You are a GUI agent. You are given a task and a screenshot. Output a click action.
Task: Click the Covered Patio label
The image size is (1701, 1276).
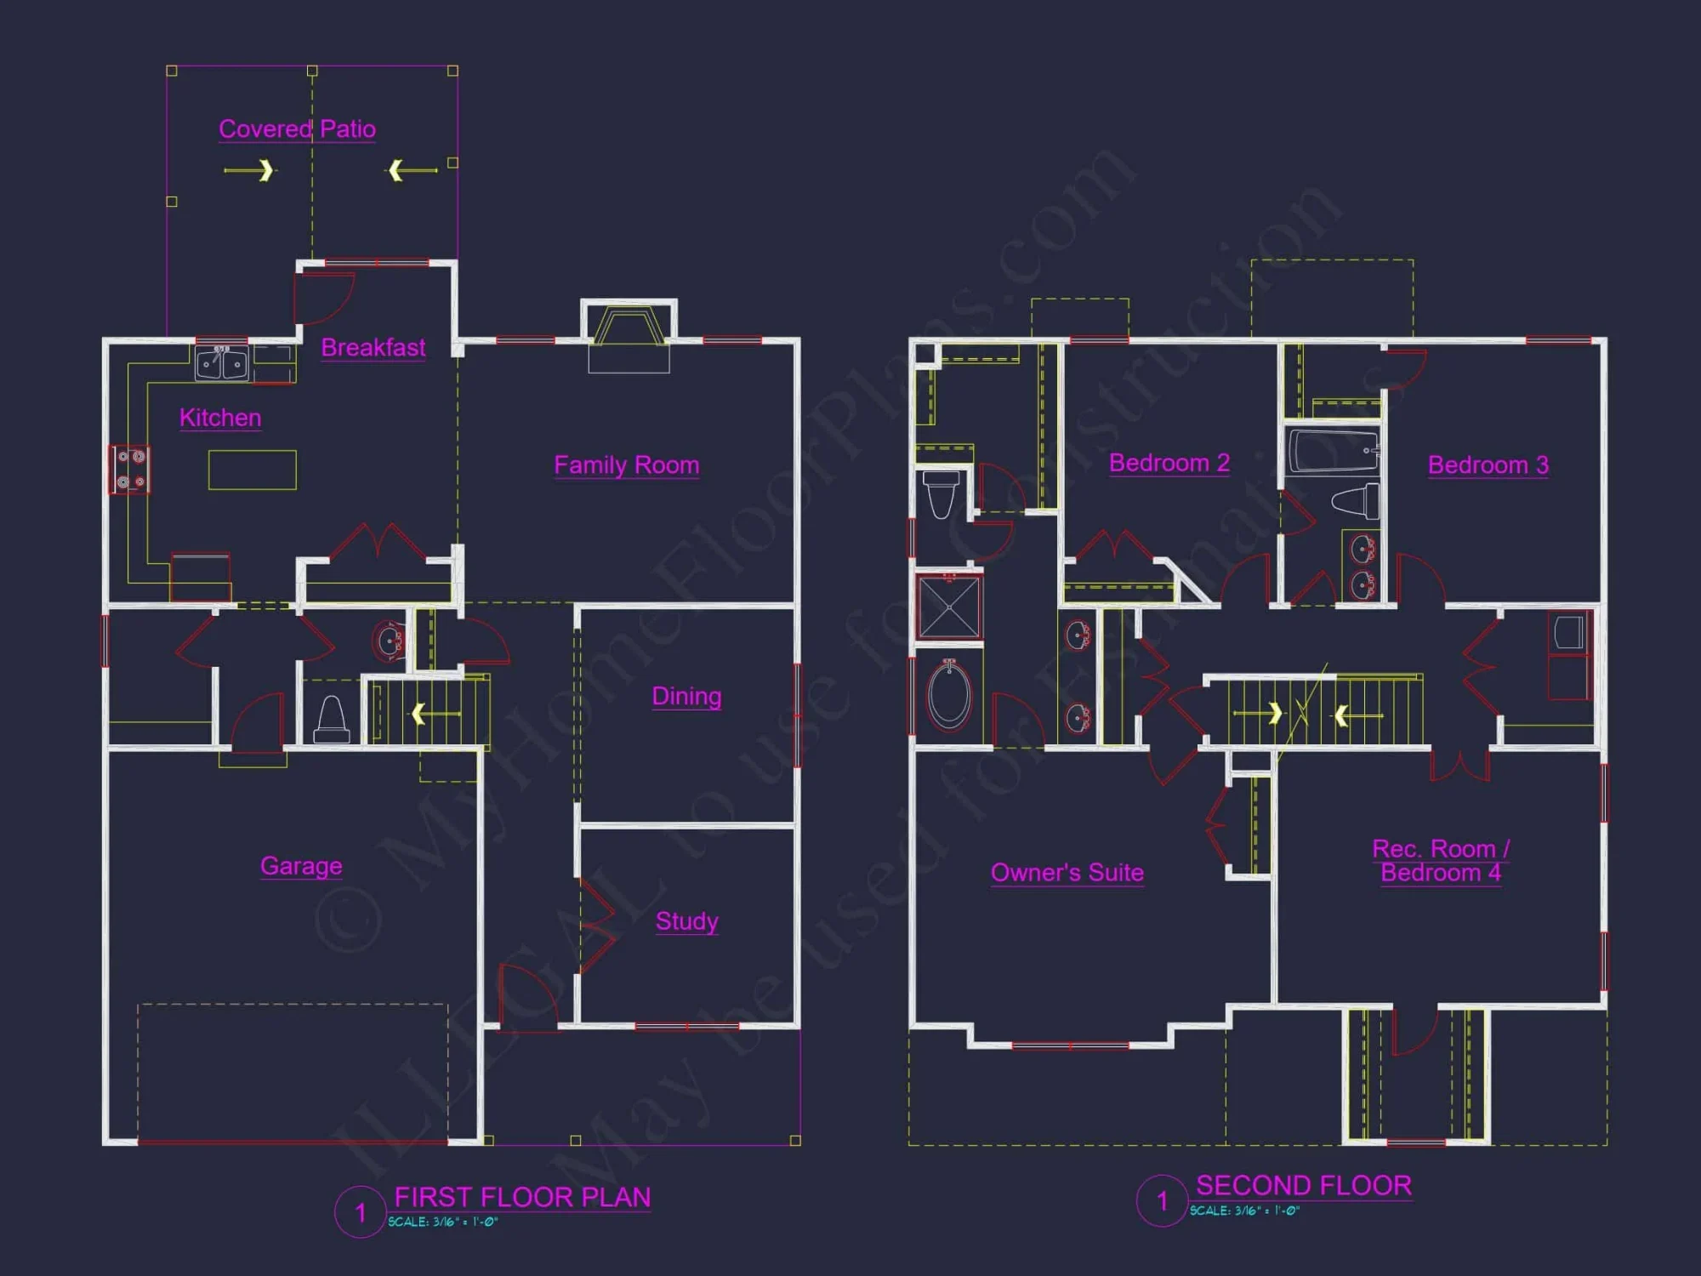[297, 128]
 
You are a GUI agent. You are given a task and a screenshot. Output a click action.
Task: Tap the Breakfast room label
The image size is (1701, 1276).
[373, 347]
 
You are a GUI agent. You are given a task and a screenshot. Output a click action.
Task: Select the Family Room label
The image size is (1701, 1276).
[626, 464]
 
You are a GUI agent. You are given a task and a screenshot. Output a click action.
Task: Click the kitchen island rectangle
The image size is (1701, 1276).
[253, 470]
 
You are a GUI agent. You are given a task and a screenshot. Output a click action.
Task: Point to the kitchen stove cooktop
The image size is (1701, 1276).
[130, 470]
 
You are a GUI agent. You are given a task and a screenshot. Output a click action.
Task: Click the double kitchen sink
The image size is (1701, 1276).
[221, 363]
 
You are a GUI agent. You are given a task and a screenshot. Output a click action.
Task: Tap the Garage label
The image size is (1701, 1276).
[301, 865]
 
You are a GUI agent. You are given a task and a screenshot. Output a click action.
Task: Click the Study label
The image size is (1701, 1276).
[686, 920]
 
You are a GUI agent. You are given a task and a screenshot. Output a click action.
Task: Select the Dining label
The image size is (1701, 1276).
[686, 696]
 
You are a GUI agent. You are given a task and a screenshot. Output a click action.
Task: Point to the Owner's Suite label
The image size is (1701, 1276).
[1067, 872]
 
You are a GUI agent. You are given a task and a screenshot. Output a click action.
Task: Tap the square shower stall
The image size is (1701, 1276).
[948, 607]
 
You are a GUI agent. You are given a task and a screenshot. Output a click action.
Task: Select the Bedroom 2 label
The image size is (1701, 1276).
[1169, 463]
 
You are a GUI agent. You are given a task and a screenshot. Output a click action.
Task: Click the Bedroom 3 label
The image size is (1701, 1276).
[1488, 464]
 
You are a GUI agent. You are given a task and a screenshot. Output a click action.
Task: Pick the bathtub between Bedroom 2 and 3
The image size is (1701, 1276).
[1332, 450]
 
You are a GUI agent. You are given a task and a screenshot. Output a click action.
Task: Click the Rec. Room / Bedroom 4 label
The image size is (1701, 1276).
[1441, 860]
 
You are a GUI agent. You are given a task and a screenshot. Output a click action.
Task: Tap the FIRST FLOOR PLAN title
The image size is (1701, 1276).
[522, 1197]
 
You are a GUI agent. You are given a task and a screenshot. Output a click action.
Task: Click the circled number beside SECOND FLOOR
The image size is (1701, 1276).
[1162, 1200]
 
